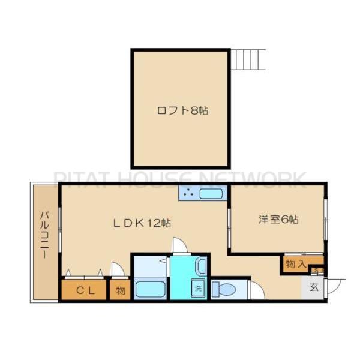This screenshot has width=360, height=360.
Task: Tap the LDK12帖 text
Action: point(143,223)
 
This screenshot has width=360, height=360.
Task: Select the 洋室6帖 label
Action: point(278,220)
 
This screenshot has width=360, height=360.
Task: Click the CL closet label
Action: point(83,291)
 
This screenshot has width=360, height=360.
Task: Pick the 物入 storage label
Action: point(295,264)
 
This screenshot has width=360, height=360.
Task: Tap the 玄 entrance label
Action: point(314,286)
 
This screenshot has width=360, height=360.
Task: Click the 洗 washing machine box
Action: point(197,288)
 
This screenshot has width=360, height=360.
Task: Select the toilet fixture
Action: point(225,289)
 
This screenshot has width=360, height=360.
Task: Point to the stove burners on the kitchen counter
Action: point(188,194)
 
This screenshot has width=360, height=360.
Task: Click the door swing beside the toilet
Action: point(257,292)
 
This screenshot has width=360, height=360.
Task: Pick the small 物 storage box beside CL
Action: point(120,291)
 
